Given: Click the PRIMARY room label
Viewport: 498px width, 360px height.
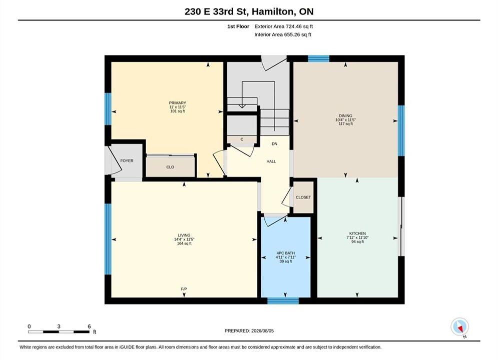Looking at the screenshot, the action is point(178,103).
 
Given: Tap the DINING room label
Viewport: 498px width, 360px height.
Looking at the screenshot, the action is point(345,116).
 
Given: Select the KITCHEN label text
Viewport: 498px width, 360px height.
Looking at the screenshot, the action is point(358,233).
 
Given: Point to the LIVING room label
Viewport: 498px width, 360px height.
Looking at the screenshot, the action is point(184,235).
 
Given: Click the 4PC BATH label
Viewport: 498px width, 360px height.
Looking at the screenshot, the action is point(285,253).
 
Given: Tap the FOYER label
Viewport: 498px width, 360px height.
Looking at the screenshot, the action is point(127,161).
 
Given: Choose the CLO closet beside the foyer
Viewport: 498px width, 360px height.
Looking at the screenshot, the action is point(170,167).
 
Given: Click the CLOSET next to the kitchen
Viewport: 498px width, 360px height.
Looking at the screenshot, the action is point(303,197).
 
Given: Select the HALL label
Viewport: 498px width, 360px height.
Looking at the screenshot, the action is point(271,161).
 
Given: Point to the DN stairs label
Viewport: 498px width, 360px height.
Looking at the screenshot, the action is point(274,143).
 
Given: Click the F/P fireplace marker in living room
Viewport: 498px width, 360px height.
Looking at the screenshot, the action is point(184,289).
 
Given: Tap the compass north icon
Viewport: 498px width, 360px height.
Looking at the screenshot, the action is point(459,326).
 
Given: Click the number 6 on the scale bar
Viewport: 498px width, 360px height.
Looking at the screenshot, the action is point(89,326).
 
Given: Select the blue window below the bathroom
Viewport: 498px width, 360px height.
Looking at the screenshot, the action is point(283,300).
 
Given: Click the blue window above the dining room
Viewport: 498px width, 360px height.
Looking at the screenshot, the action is point(318,58).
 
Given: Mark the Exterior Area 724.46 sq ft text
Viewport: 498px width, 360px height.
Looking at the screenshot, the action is point(284,26).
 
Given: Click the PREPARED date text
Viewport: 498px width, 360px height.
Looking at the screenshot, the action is point(249,331).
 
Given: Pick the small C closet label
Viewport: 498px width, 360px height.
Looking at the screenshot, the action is point(242,139).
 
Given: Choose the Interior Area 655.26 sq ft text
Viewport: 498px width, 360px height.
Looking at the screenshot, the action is point(283,34).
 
